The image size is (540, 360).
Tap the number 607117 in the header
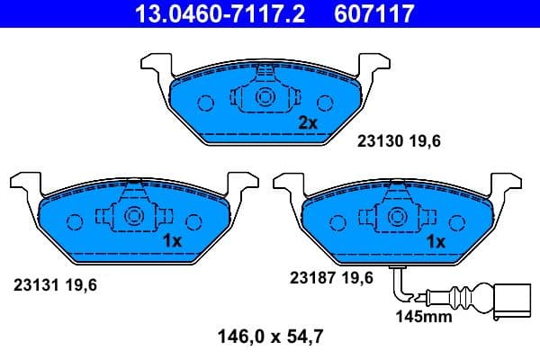(x=373, y=13)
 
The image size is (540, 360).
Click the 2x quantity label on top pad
(x=308, y=122)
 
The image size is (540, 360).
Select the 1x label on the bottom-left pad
(x=173, y=241)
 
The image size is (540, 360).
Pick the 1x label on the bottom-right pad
(x=436, y=241)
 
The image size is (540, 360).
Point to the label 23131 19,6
(x=55, y=283)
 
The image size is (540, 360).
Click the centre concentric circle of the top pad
(x=265, y=98)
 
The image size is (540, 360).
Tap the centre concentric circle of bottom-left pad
(x=134, y=216)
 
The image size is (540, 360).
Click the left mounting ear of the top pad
(x=155, y=65)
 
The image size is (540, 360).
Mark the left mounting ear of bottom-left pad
(x=23, y=184)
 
